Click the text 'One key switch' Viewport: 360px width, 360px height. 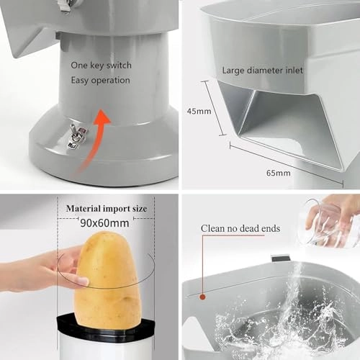coord(101,66)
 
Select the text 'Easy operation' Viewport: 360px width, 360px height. coord(100,81)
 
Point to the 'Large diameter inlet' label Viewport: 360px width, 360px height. coord(262,71)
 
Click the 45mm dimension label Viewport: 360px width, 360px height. coord(199,111)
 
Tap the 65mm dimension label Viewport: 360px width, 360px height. coord(279,173)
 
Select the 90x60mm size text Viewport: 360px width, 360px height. coord(104,223)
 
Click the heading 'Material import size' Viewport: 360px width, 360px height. coord(107,208)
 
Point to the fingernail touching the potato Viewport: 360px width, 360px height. coord(83,281)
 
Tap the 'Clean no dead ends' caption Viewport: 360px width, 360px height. coord(240,228)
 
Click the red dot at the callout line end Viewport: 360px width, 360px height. coord(203,297)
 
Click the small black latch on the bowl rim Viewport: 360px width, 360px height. coord(281,258)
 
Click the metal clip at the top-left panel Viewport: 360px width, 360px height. coord(66,6)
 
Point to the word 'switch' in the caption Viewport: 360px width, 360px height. coord(119,66)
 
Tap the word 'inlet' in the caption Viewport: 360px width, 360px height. coord(294,71)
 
